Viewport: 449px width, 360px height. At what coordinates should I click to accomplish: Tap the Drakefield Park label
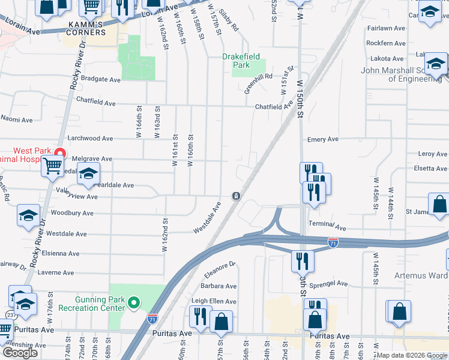(x=241, y=60)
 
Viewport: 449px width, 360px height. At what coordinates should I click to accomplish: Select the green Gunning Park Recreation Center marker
(x=134, y=303)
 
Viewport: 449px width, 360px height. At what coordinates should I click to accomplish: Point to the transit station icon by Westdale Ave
(x=237, y=196)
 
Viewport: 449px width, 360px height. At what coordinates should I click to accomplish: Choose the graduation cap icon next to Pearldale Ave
(x=88, y=174)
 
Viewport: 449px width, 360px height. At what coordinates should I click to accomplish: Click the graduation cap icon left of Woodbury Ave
(x=28, y=215)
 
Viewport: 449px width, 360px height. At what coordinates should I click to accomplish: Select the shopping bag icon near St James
(x=439, y=203)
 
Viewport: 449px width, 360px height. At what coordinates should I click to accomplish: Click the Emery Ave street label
(x=323, y=139)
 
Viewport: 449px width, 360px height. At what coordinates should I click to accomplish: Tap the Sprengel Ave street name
(x=328, y=283)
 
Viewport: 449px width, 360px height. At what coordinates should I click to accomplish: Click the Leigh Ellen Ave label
(x=214, y=301)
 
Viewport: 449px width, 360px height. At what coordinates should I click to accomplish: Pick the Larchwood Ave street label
(x=90, y=138)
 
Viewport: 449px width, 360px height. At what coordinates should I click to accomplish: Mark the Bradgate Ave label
(x=101, y=79)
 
